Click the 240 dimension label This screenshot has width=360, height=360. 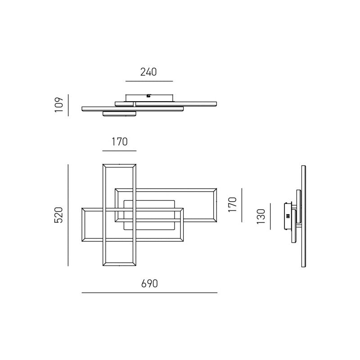pyautogui.click(x=148, y=72)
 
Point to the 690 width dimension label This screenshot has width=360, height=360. pyautogui.click(x=149, y=283)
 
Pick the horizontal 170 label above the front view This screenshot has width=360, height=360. pyautogui.click(x=119, y=142)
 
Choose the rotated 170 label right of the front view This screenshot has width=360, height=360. pyautogui.click(x=232, y=203)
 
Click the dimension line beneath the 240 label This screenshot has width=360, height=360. pyautogui.click(x=149, y=81)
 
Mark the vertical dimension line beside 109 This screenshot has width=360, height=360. pyautogui.click(x=68, y=105)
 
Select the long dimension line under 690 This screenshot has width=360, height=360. pyautogui.click(x=149, y=293)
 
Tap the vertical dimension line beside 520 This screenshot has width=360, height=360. pyautogui.click(x=68, y=215)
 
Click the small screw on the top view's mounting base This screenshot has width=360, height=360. pyautogui.click(x=148, y=95)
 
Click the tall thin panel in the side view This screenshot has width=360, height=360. pyautogui.click(x=303, y=216)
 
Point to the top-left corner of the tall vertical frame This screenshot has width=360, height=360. pyautogui.click(x=103, y=165)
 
